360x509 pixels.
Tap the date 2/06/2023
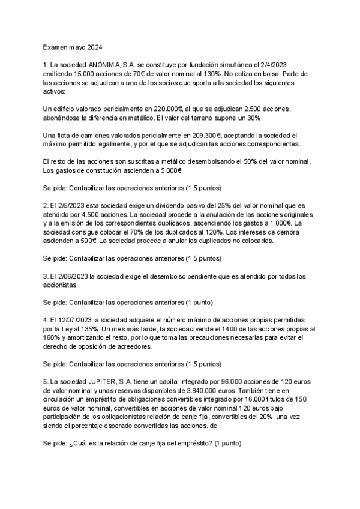(x=72, y=276)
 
